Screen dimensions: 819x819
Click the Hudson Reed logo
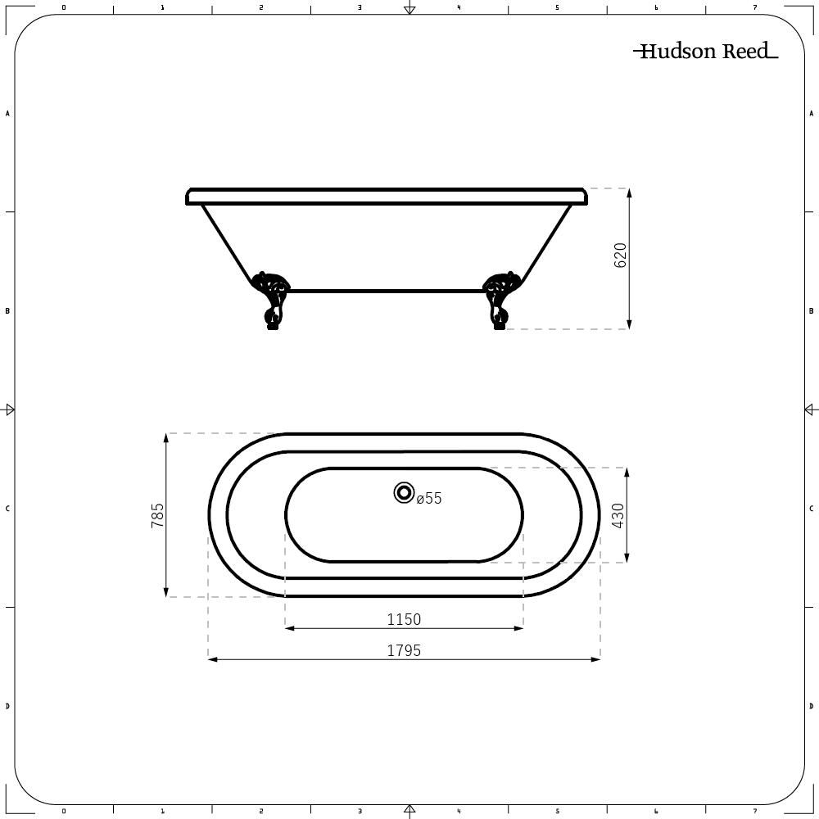705,52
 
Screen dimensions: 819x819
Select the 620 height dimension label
620,256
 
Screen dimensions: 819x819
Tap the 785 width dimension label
157,515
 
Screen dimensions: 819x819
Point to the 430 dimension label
618,515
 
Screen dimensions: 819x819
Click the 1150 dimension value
404,620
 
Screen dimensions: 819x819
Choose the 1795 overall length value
404,650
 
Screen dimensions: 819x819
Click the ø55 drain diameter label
429,498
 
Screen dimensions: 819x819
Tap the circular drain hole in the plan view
404,492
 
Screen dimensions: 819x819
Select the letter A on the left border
7,113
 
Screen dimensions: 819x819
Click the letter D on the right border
811,706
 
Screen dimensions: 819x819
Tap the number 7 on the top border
754,7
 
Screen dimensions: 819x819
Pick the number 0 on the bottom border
64,812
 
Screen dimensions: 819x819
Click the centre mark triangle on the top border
409,10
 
